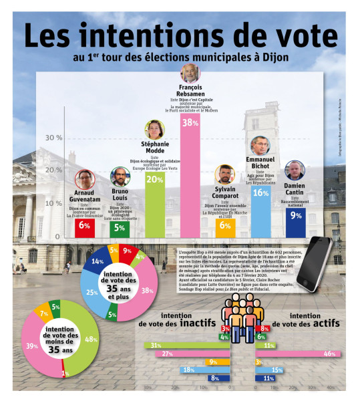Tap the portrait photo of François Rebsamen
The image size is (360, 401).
click(192, 74)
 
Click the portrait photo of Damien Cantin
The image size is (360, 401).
click(295, 170)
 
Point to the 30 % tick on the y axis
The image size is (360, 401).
click(53, 138)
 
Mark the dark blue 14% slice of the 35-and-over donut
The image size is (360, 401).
click(98, 262)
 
